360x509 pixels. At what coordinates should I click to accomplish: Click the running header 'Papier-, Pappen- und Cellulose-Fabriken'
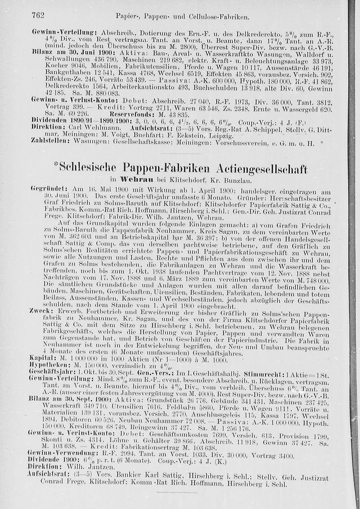click(x=183, y=17)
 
